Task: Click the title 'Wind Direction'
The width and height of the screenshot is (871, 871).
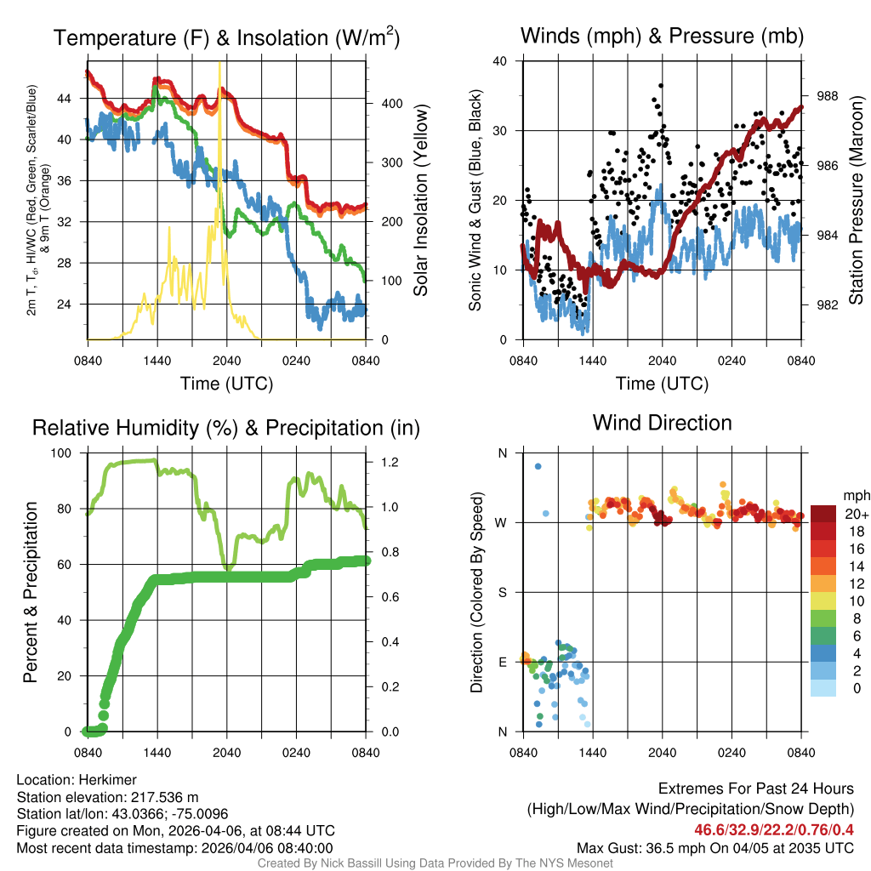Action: point(662,423)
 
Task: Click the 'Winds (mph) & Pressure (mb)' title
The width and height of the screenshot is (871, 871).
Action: point(662,37)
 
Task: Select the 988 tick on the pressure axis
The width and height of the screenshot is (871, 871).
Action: point(829,96)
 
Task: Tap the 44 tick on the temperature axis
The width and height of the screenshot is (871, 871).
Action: point(72,99)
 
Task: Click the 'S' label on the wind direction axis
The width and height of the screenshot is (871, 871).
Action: point(502,592)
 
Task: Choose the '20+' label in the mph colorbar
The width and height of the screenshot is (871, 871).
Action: point(856,514)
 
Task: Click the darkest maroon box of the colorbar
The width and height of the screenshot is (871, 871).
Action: point(825,514)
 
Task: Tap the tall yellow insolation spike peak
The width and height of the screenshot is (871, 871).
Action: point(220,63)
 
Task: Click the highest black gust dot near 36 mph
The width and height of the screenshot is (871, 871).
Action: point(661,86)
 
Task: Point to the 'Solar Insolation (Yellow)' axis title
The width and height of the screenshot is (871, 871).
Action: point(420,201)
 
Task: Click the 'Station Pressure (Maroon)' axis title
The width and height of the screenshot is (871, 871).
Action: point(856,201)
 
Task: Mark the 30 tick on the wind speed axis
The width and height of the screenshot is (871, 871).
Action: point(500,131)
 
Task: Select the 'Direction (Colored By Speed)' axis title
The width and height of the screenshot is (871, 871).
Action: point(477,592)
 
